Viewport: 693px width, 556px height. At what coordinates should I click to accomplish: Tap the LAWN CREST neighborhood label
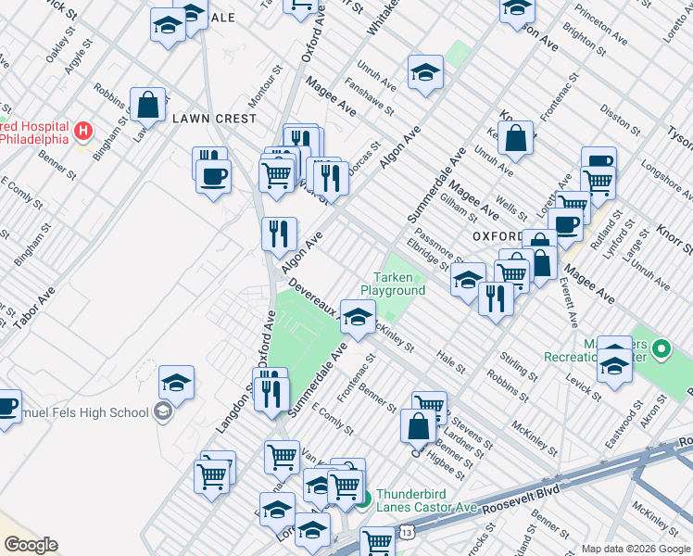[213, 119]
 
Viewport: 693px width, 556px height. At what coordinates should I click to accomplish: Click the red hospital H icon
[82, 132]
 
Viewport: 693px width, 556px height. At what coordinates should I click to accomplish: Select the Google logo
[31, 545]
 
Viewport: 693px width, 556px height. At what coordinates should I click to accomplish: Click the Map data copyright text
[636, 549]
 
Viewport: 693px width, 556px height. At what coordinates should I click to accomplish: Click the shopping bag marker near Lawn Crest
[148, 106]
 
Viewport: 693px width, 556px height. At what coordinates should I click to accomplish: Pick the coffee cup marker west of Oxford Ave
[213, 174]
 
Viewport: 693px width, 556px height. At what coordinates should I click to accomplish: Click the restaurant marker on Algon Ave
[279, 234]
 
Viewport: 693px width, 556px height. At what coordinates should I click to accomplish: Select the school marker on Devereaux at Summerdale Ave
[357, 318]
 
